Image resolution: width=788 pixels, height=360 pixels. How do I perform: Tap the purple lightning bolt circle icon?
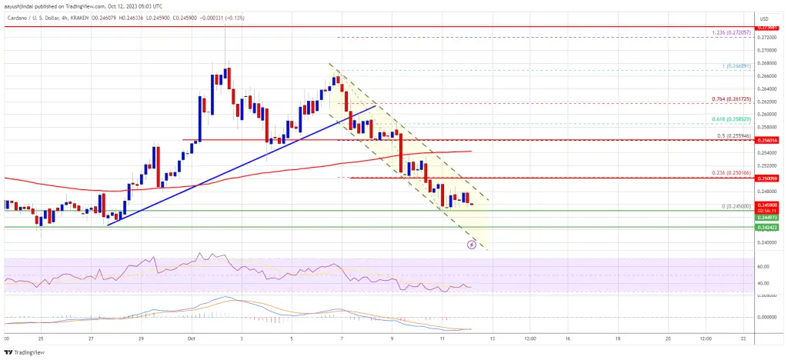(x=472, y=245)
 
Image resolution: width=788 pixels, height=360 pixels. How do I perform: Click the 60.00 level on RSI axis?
(x=765, y=268)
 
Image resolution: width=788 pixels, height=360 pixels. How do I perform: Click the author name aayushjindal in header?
(x=23, y=4)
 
